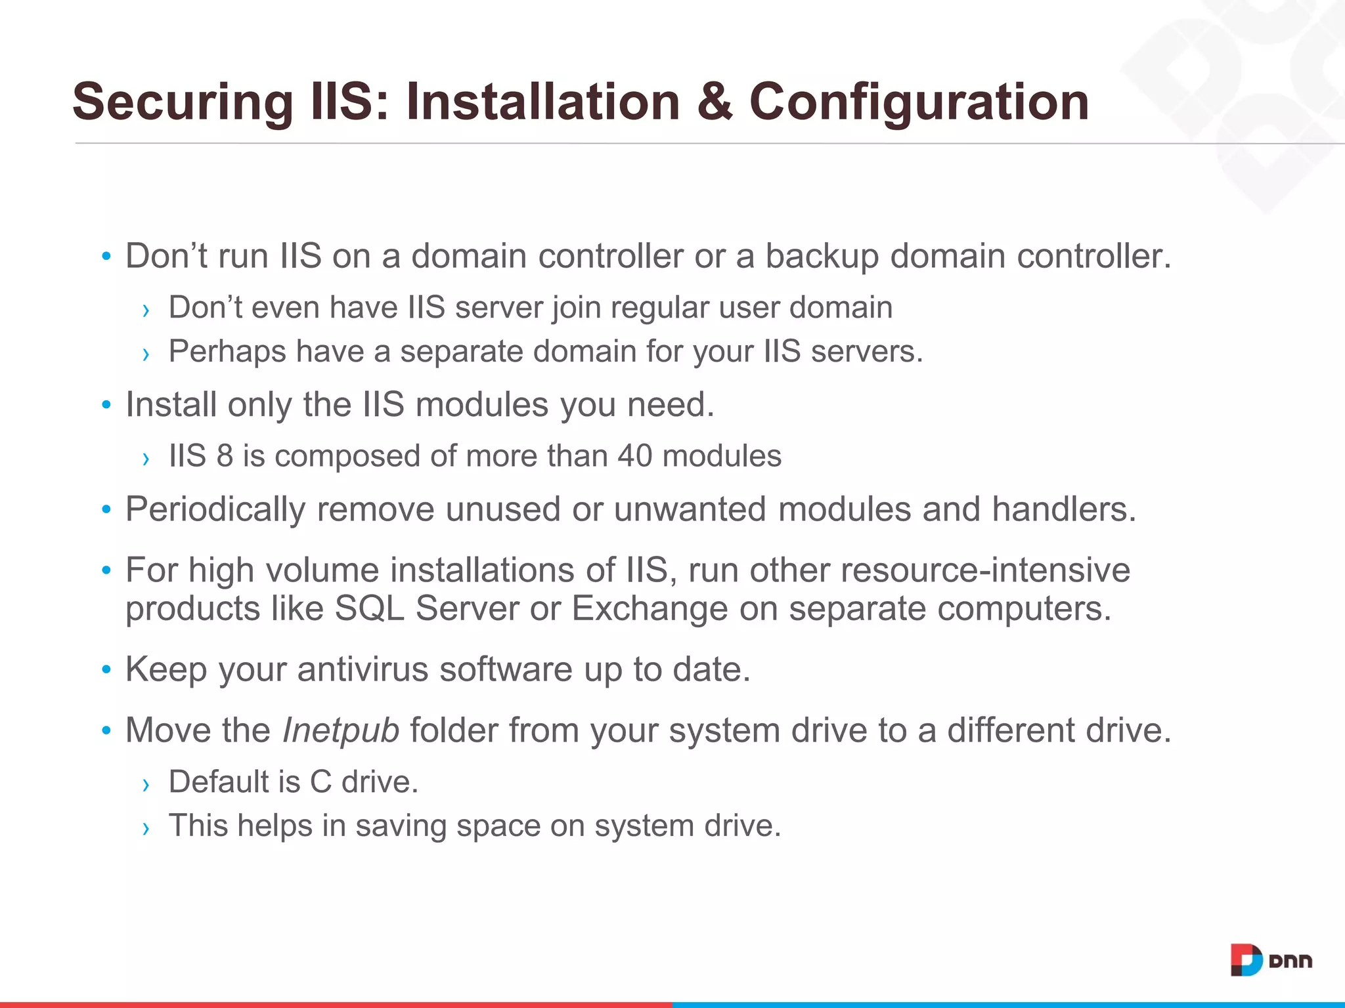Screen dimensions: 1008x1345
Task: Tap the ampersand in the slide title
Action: [x=715, y=102]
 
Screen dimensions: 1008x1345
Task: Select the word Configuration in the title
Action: [x=919, y=102]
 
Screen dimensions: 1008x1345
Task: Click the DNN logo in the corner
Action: [x=1271, y=961]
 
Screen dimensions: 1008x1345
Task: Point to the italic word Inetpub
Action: [x=340, y=730]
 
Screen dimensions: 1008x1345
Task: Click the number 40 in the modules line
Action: [x=634, y=456]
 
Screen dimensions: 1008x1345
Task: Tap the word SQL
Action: [x=369, y=608]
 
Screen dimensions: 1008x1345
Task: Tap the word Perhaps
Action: [x=227, y=352]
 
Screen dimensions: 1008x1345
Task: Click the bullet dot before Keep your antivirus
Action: [x=106, y=670]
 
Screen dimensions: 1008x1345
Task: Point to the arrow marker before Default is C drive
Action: [x=146, y=784]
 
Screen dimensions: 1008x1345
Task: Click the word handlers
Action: [x=1064, y=509]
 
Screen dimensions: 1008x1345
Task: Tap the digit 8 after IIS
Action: [x=225, y=456]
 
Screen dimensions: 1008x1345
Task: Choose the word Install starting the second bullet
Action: [x=171, y=405]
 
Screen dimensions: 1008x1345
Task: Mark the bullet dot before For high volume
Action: [x=106, y=570]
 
